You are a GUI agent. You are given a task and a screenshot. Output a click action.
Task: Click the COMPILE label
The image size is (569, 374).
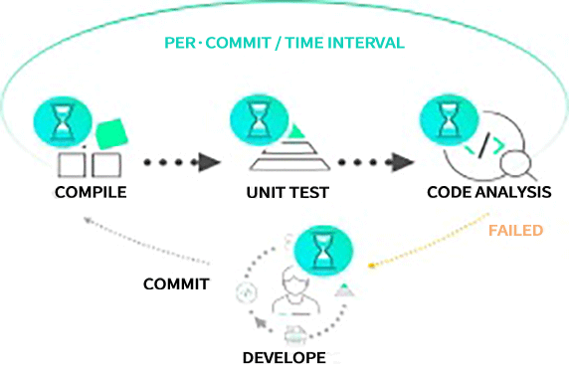tap(92, 192)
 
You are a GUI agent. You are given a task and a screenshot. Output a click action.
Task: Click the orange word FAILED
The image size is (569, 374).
tap(515, 231)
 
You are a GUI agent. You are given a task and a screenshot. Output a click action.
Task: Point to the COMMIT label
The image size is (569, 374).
tap(176, 283)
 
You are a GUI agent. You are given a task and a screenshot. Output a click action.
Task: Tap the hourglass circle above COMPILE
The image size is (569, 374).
tap(62, 118)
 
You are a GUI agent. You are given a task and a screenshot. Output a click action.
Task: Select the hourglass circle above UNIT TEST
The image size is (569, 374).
tap(259, 120)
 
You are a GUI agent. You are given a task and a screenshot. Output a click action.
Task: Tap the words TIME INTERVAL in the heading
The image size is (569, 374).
tap(346, 45)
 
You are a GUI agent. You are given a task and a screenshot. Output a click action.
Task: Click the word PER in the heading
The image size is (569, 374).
tap(181, 45)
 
